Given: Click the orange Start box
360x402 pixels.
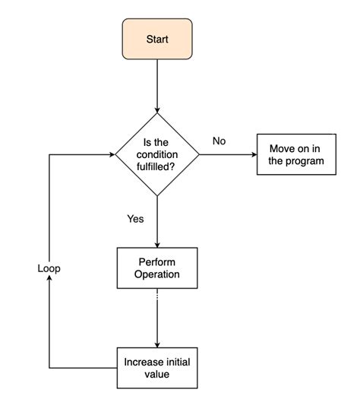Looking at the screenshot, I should [x=156, y=39].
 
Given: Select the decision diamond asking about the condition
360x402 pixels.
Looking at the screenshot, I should [x=156, y=154].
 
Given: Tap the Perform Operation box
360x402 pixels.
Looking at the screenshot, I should [x=156, y=268].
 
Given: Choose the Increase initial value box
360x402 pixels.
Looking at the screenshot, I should [x=156, y=368].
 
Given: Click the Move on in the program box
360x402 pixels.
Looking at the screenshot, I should [x=295, y=154].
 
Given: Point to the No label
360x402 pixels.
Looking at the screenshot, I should [x=219, y=141].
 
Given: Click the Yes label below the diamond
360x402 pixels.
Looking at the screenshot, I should [x=135, y=219].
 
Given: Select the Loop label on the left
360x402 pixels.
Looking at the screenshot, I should [x=49, y=268].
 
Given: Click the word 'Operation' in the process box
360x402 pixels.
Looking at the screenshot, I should [x=157, y=274].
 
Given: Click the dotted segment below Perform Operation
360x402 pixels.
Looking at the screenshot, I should [x=156, y=297].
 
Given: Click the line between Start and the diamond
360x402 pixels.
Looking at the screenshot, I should [x=156, y=84].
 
